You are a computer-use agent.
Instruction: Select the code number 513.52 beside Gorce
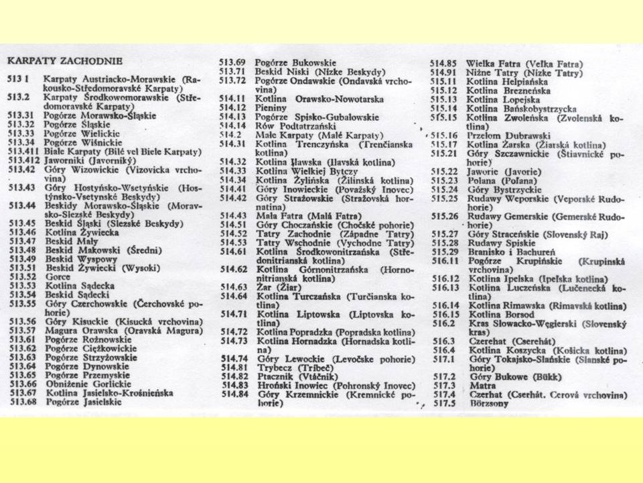21,276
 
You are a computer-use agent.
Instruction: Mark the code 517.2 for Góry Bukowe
444,377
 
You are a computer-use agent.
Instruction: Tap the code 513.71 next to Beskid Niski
234,72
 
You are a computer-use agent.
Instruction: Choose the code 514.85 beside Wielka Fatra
443,64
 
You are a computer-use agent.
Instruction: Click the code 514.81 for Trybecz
233,367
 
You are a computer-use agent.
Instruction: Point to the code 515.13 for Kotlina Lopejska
444,99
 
